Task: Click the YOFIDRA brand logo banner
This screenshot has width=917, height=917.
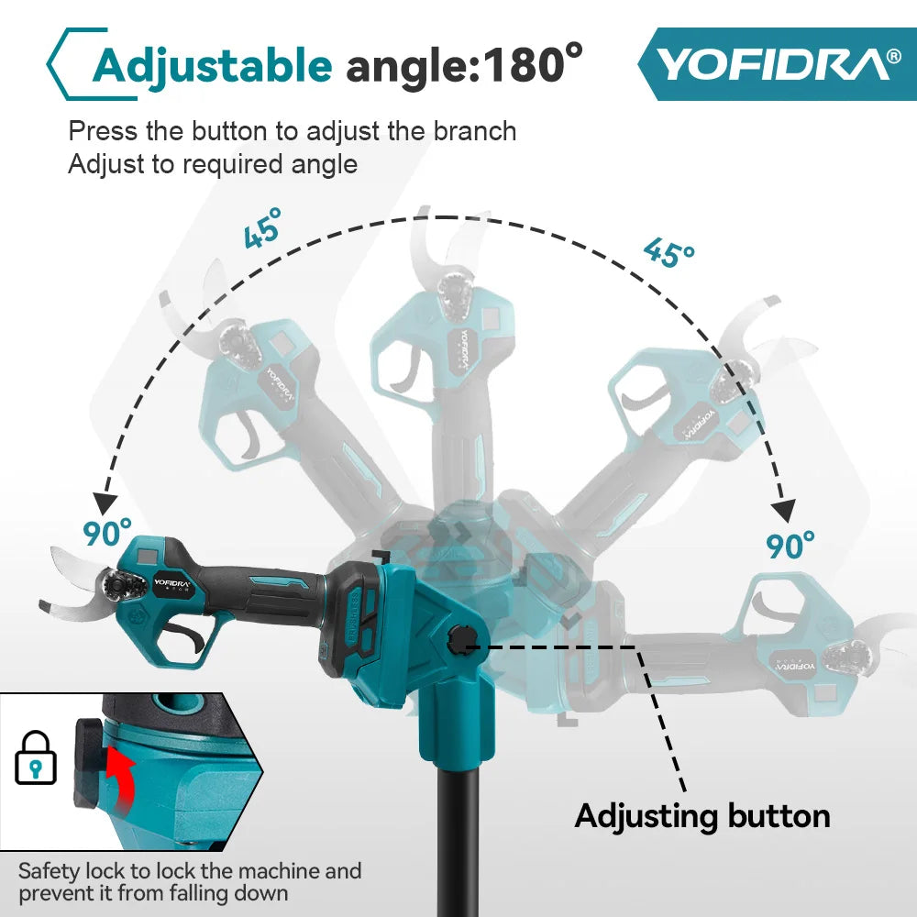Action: (775, 63)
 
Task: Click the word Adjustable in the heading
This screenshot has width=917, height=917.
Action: (212, 65)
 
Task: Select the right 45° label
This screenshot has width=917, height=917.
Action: (668, 251)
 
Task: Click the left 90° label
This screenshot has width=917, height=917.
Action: (107, 532)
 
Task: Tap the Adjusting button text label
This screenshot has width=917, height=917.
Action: (702, 815)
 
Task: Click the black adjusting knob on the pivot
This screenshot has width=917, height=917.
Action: (458, 639)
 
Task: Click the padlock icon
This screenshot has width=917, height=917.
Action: (36, 758)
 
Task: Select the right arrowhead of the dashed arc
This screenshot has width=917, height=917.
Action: (784, 510)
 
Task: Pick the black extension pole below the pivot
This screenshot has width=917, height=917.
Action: (458, 844)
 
